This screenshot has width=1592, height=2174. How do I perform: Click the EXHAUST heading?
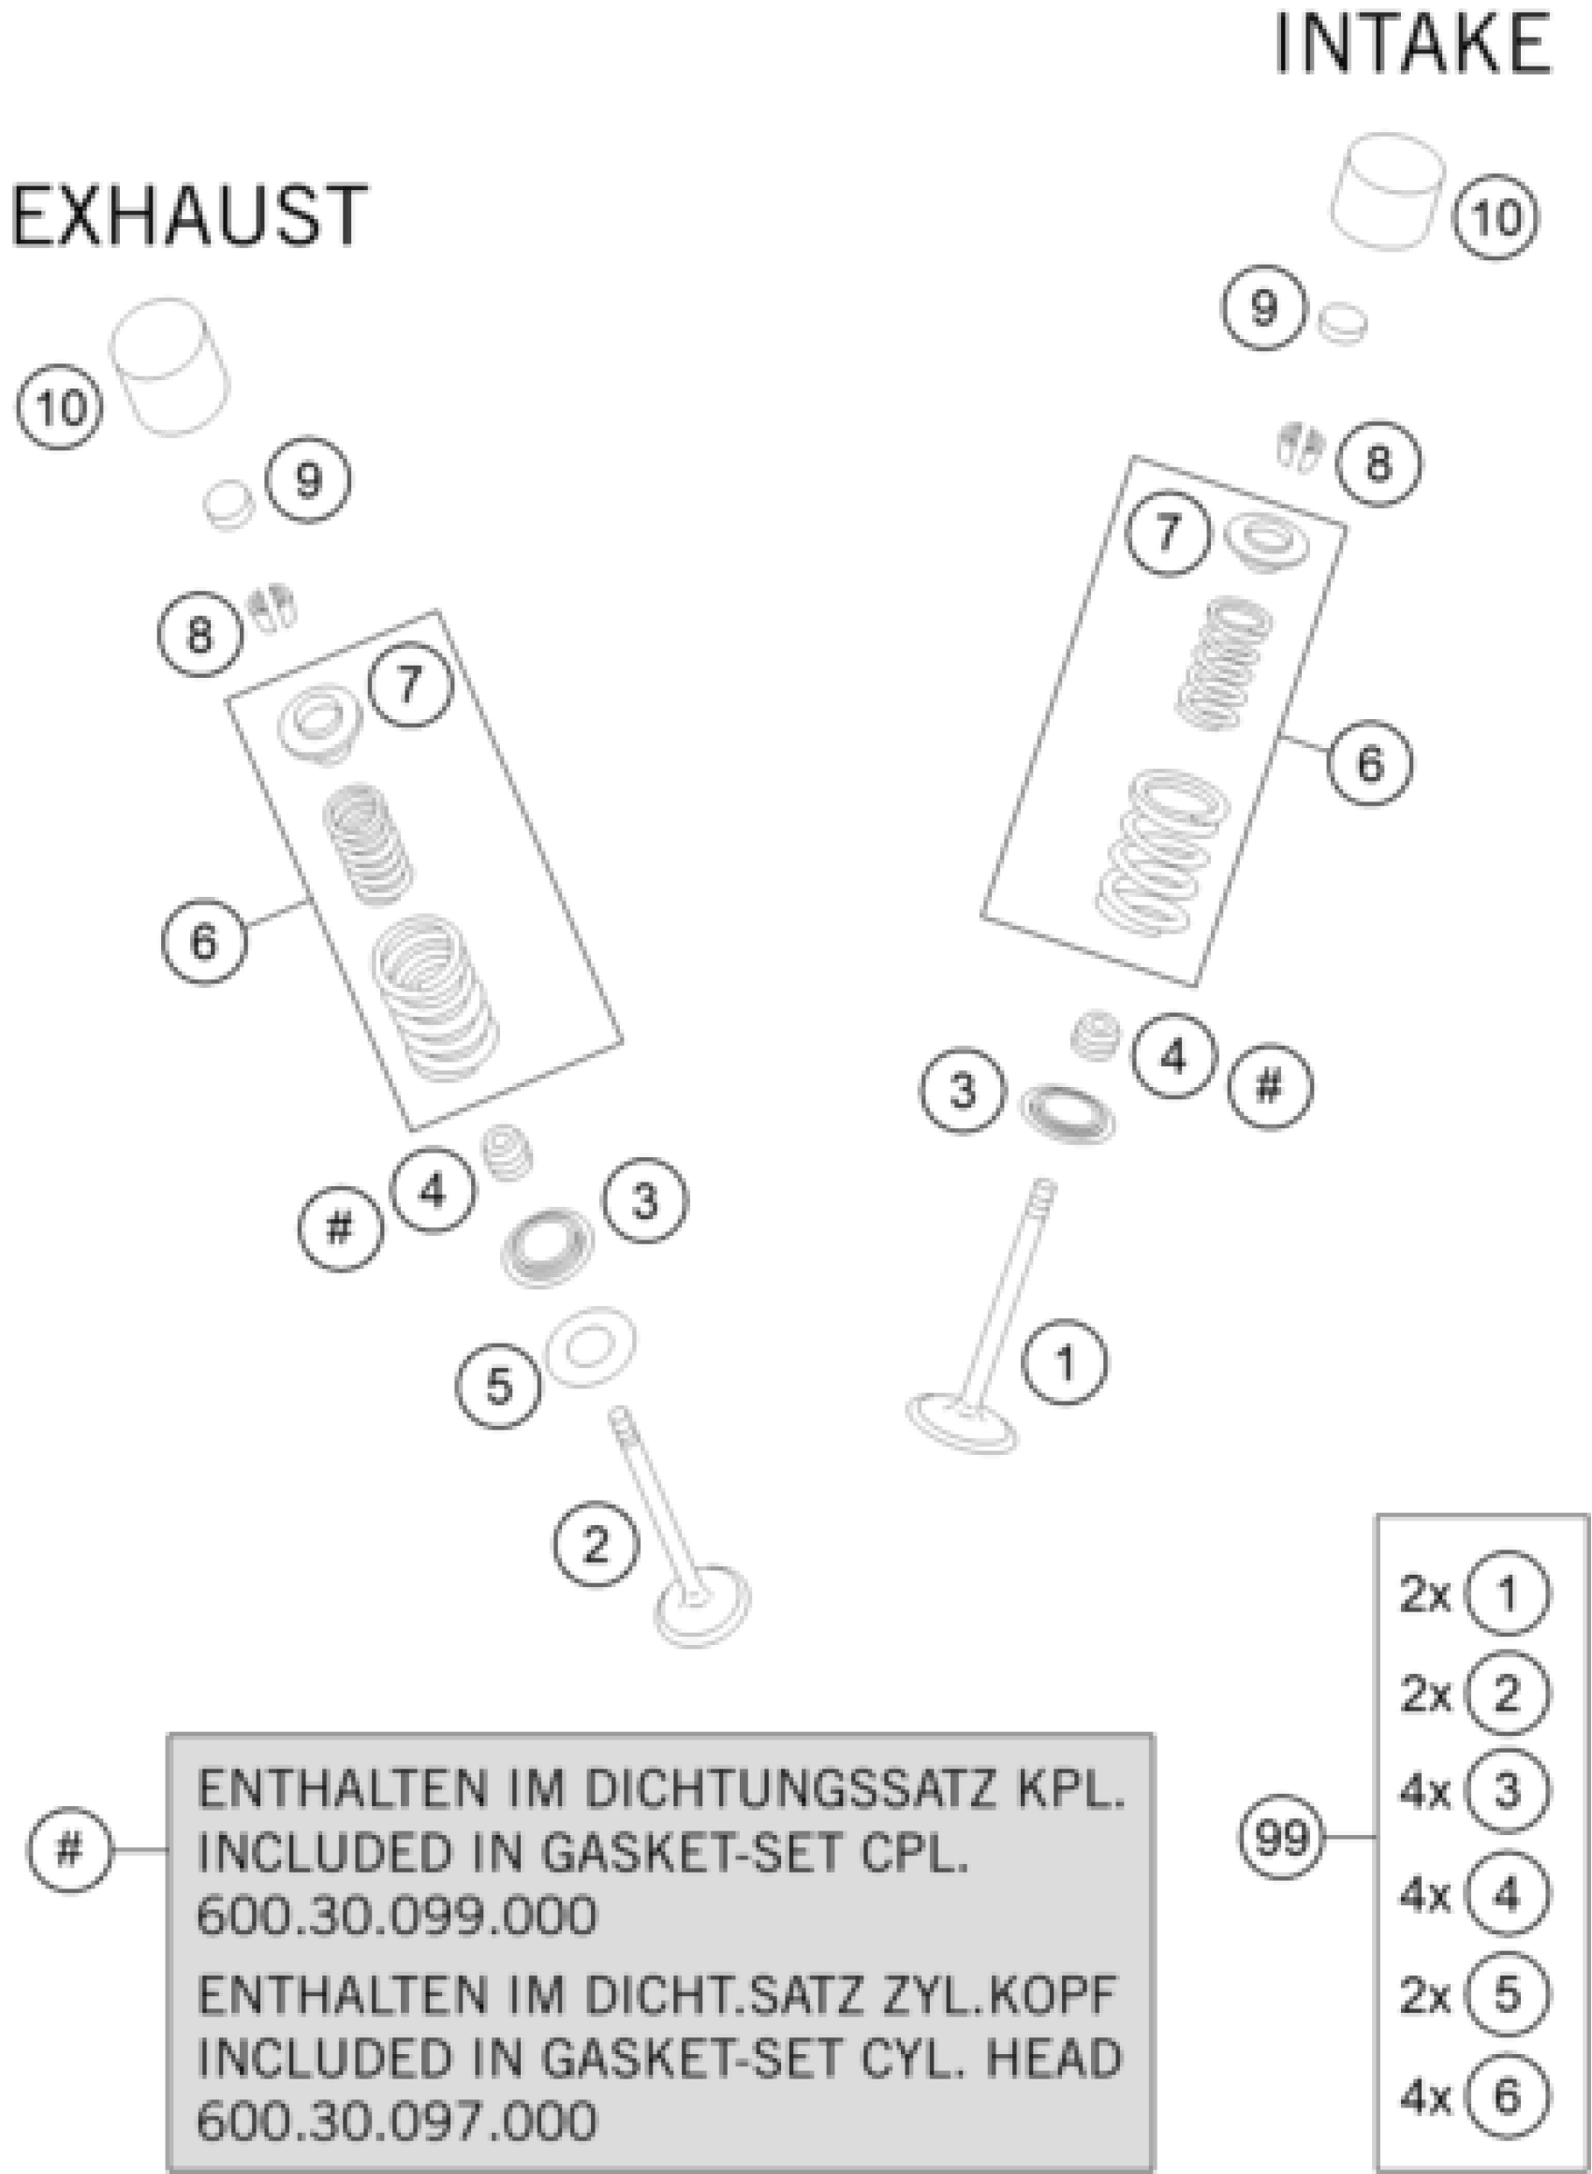pos(188,215)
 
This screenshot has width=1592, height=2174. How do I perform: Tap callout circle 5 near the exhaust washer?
pos(498,1387)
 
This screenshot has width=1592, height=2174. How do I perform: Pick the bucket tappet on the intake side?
pos(1389,192)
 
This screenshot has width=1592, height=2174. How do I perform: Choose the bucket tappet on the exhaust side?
pos(170,365)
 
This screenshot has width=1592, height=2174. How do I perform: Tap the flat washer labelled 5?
pos(590,1346)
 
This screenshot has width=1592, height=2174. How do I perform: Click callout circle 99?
pos(1282,1837)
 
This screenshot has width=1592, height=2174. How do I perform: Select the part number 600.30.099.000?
pos(396,1914)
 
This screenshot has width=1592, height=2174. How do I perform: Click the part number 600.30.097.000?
pos(396,2119)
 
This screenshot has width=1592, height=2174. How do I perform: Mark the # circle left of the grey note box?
pos(70,1849)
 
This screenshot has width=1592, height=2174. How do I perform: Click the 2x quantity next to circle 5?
pos(1424,1995)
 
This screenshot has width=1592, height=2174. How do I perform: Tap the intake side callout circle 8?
pos(1378,463)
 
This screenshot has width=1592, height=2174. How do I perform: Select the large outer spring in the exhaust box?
pos(436,997)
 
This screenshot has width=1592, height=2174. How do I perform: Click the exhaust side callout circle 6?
pos(204,941)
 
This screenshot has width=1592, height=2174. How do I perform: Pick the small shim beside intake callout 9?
pos(1342,322)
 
